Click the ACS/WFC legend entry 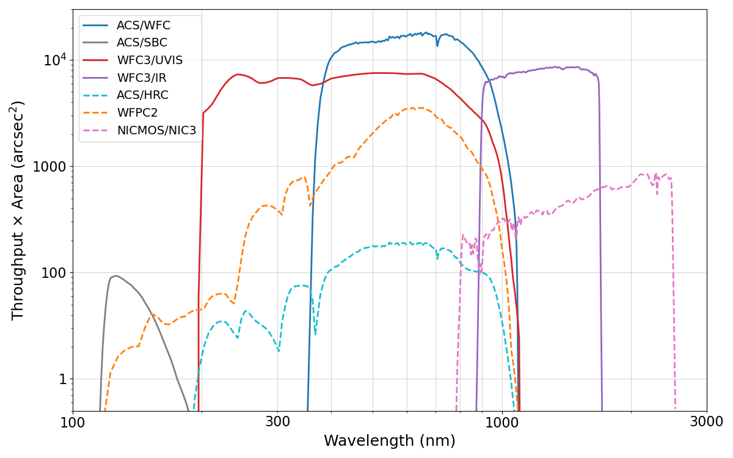click(144, 26)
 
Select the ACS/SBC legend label click(142, 43)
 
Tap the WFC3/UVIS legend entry click(150, 60)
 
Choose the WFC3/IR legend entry click(141, 78)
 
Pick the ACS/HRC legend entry click(142, 95)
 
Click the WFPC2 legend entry click(137, 113)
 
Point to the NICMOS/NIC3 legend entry click(156, 130)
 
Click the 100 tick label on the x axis click(73, 422)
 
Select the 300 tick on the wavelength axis click(277, 422)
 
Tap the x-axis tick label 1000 click(502, 422)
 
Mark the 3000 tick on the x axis click(707, 422)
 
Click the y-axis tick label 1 click(63, 379)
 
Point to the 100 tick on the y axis click(54, 273)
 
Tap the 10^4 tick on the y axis click(54, 60)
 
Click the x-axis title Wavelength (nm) click(389, 441)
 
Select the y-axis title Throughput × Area click(18, 210)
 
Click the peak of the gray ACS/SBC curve click(116, 275)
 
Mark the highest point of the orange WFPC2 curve click(414, 108)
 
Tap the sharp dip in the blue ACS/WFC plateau click(437, 45)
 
